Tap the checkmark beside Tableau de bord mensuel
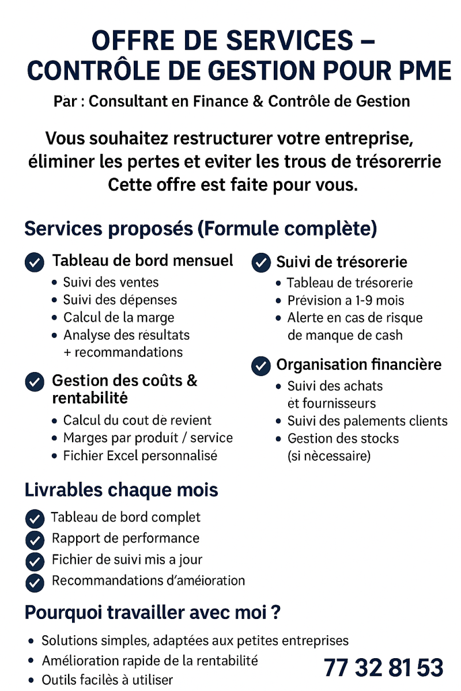(x=35, y=263)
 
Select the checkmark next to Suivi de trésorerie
(x=261, y=263)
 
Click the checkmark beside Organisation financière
(x=261, y=366)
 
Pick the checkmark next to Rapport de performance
(x=35, y=540)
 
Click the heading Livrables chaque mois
(x=121, y=490)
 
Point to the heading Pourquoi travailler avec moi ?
(x=152, y=612)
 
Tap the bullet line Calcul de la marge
(x=118, y=317)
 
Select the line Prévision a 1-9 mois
(x=345, y=300)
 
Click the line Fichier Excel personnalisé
(x=140, y=455)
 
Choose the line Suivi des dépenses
(x=120, y=299)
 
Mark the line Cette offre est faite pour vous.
(x=233, y=185)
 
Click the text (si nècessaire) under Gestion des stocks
(x=328, y=456)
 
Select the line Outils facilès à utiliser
(x=107, y=680)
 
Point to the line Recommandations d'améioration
(x=148, y=580)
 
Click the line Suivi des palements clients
(x=367, y=421)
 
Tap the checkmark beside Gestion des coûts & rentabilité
(x=35, y=382)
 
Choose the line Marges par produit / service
(x=148, y=438)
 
